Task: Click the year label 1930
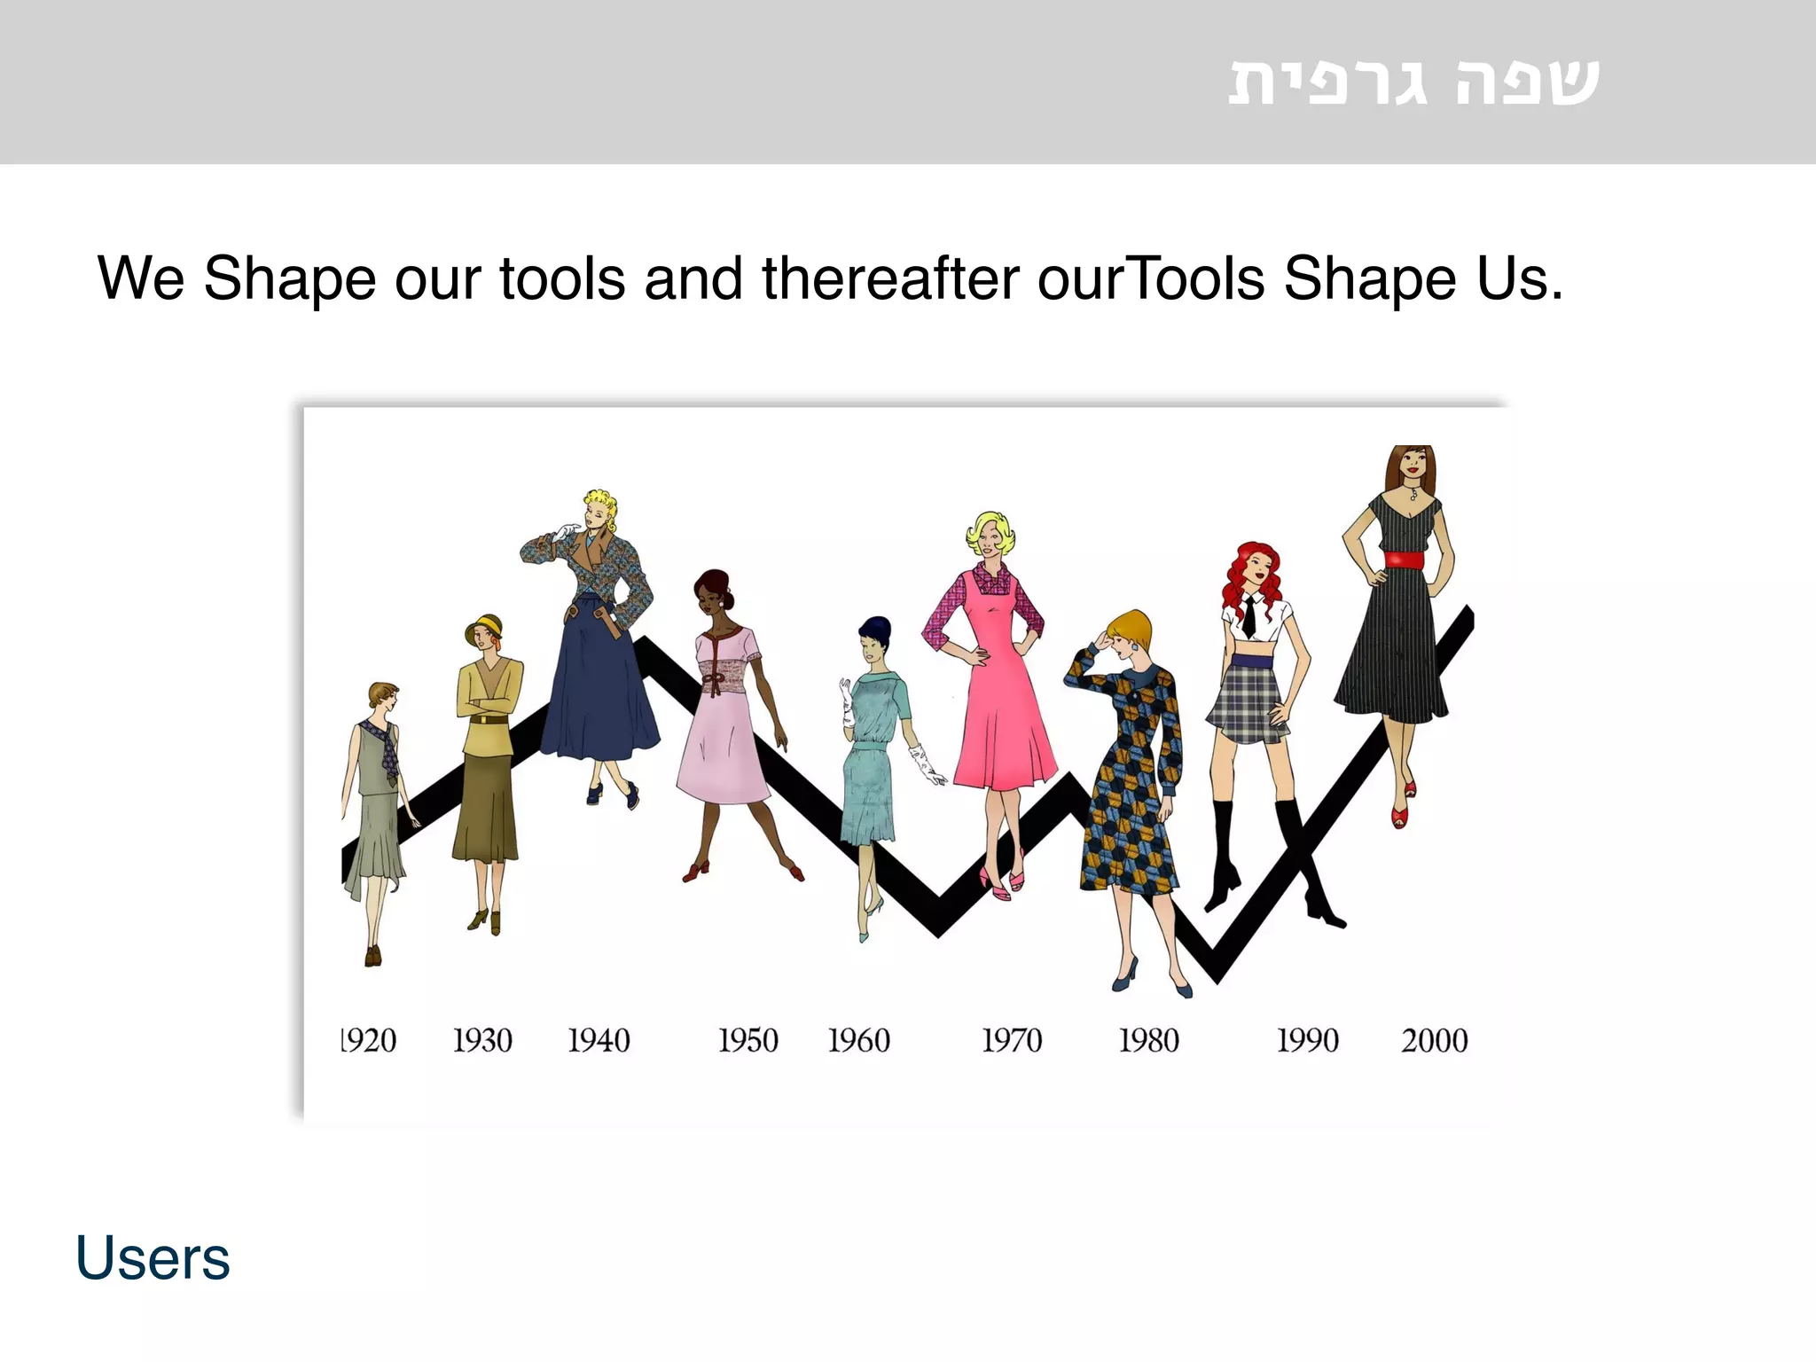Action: click(482, 1040)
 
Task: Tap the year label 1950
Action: click(748, 1040)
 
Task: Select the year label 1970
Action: click(1012, 1040)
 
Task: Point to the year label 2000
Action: click(1434, 1040)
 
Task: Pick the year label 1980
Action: click(1149, 1040)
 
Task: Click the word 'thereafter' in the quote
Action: click(890, 278)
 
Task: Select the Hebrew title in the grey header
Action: click(1413, 82)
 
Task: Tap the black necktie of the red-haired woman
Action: click(1248, 615)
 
